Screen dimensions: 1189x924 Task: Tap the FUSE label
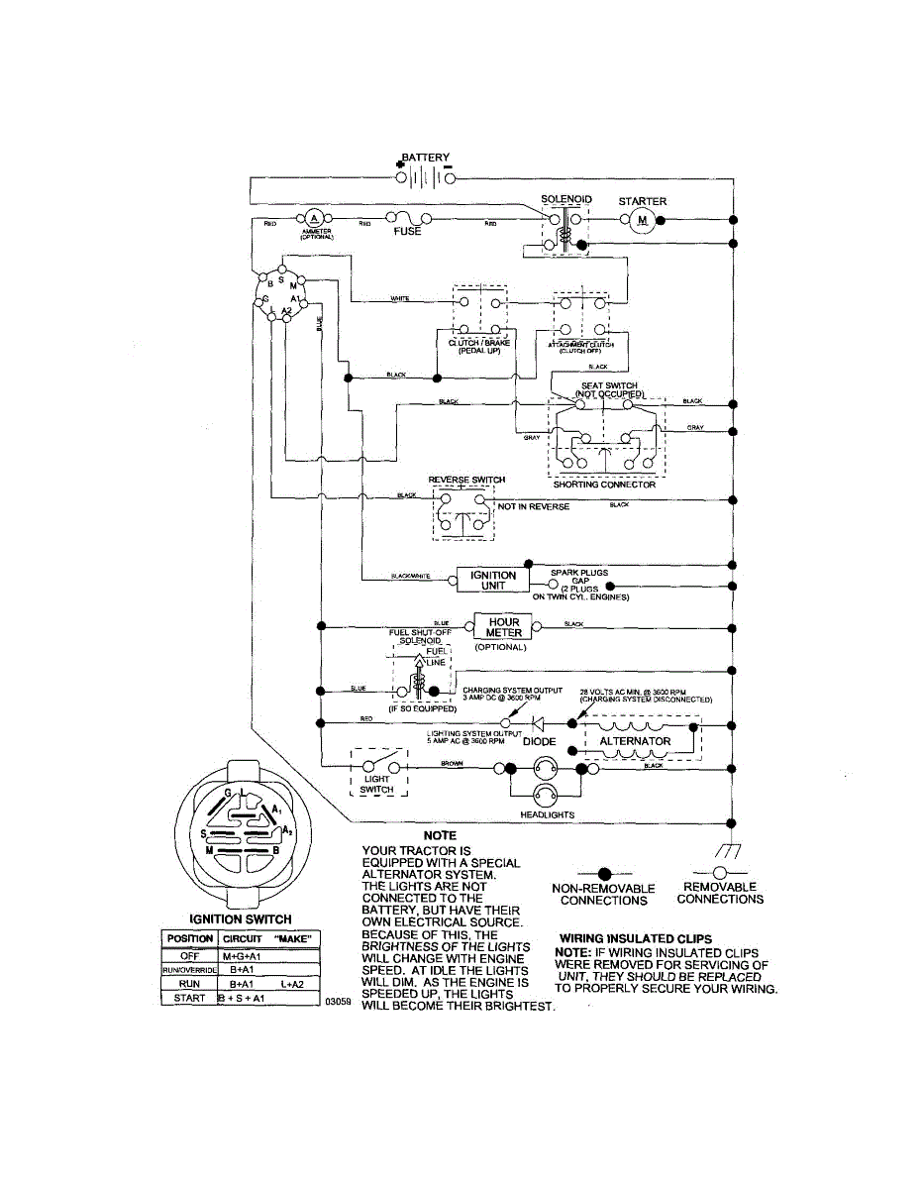pos(408,232)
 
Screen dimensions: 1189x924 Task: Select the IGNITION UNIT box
pos(492,581)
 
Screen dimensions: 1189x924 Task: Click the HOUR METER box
pos(504,628)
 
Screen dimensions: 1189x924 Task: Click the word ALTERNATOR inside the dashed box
pos(635,741)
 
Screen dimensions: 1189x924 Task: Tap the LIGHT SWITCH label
pos(376,785)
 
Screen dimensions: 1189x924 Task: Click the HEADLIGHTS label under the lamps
pos(548,814)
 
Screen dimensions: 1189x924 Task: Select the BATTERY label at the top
pos(426,158)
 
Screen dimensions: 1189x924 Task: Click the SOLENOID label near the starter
pos(566,200)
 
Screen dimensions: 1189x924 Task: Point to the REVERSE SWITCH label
pos(466,480)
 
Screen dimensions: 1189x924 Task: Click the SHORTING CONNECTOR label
pos(604,485)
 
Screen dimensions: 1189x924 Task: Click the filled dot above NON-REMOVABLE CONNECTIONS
pos(604,872)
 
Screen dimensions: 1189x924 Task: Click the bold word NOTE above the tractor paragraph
pos(440,836)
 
